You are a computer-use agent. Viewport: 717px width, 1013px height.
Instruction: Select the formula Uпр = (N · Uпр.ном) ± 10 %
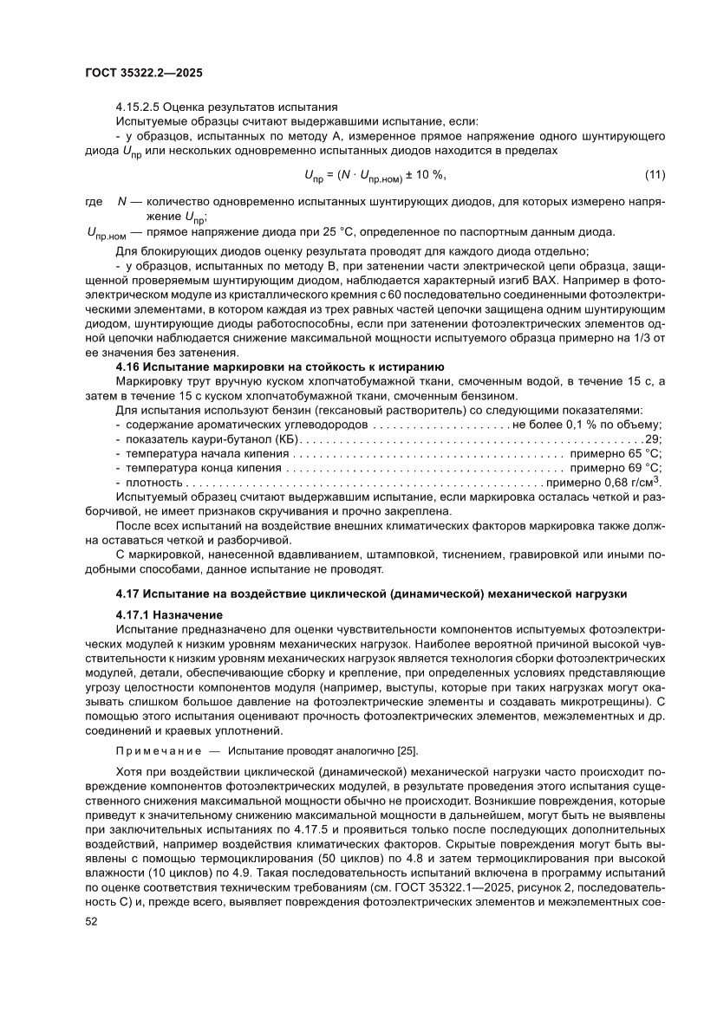[x=375, y=177]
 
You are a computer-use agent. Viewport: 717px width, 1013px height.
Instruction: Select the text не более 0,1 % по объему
[x=588, y=425]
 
